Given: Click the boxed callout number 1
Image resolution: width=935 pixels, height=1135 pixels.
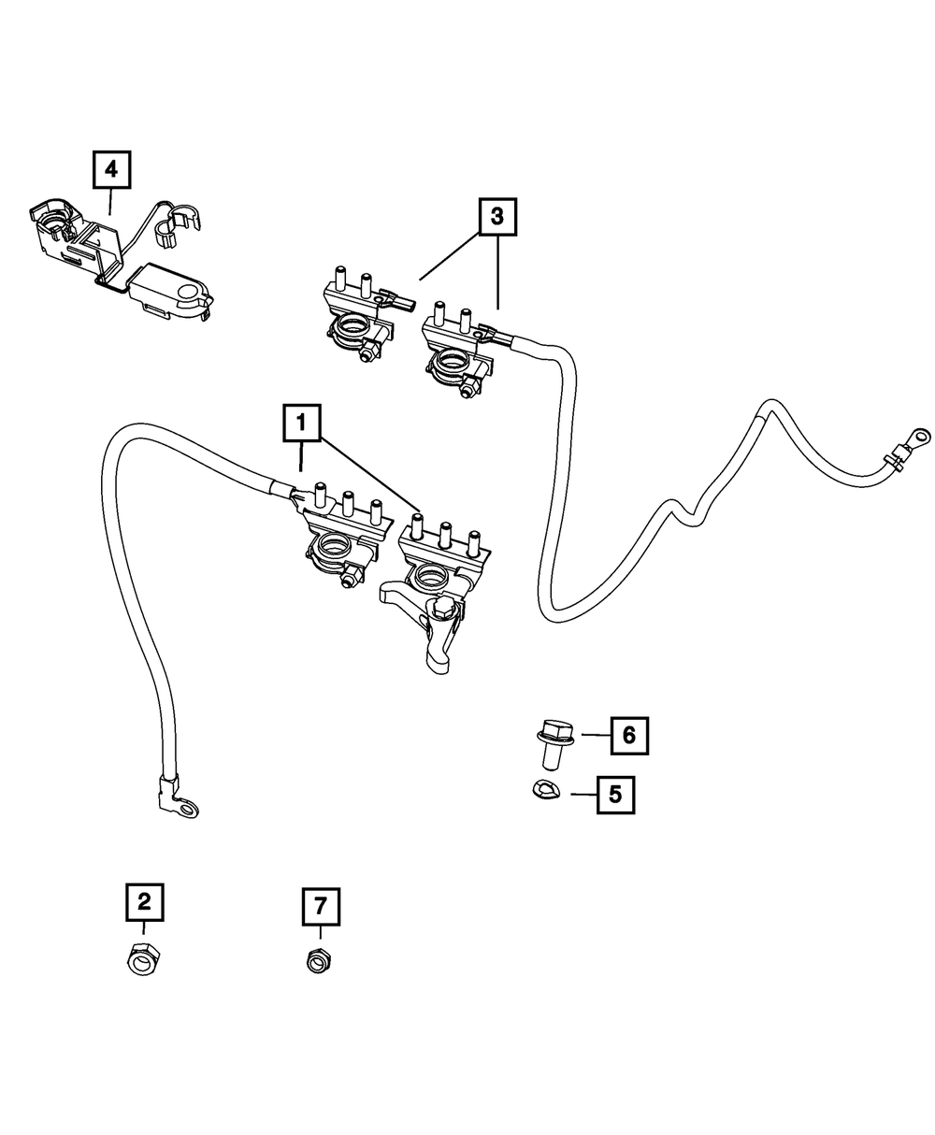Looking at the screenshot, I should tap(301, 424).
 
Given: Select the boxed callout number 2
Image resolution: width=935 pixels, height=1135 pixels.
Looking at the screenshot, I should tap(144, 901).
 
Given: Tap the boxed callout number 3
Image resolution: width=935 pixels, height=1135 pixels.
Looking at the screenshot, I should tap(496, 217).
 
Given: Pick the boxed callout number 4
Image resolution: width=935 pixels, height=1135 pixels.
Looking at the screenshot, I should tap(111, 169).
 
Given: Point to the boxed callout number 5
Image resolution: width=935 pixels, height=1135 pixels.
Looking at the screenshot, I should tap(615, 794).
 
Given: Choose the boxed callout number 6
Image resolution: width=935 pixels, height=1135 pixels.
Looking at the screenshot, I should tap(628, 736).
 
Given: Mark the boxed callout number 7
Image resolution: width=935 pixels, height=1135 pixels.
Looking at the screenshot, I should tap(321, 905).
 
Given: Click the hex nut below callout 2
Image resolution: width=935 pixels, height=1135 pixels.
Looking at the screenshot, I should tap(143, 957).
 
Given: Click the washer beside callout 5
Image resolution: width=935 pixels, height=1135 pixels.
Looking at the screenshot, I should tap(542, 791).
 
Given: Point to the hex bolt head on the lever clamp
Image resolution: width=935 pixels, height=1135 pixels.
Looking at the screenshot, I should tap(445, 610).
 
